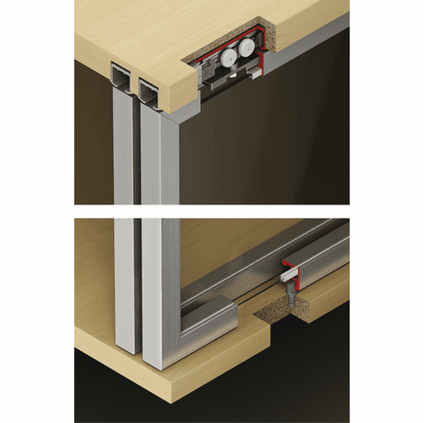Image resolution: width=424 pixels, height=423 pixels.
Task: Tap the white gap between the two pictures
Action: pyautogui.click(x=212, y=211)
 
